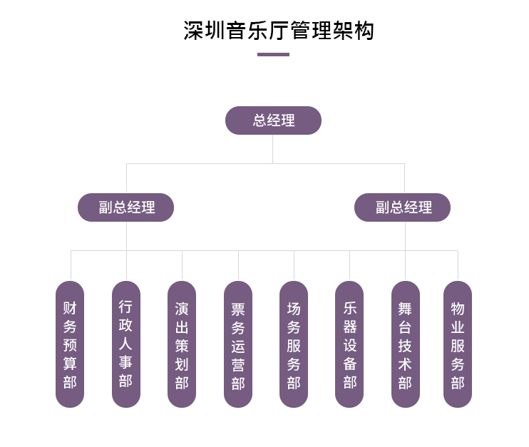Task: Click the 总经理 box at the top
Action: click(x=273, y=120)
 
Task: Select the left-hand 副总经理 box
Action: click(x=126, y=207)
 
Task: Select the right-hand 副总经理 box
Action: click(x=403, y=207)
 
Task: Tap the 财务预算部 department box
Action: click(x=70, y=344)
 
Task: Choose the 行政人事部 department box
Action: click(x=126, y=344)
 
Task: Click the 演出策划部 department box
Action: click(x=182, y=344)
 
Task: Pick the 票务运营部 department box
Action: click(x=238, y=344)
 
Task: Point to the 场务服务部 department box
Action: click(x=294, y=344)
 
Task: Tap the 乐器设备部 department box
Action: click(x=349, y=344)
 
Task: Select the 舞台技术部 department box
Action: click(x=405, y=344)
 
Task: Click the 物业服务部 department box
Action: click(x=458, y=344)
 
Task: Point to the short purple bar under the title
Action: click(x=273, y=54)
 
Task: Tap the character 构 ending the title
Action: click(x=364, y=31)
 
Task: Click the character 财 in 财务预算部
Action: click(x=70, y=308)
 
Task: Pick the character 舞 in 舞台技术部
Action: click(x=405, y=308)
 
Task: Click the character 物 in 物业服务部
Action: click(x=458, y=308)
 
